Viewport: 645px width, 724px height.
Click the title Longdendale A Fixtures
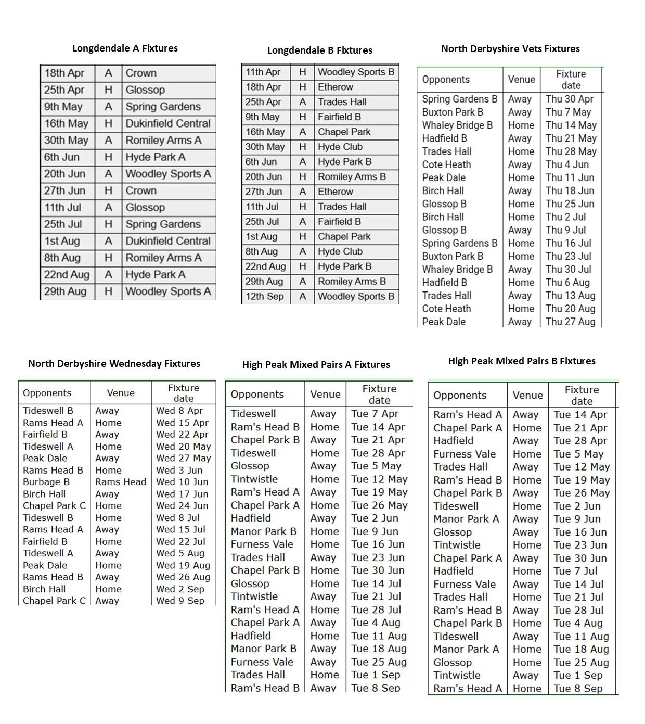coord(125,48)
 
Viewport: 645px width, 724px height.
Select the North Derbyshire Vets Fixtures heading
coord(510,49)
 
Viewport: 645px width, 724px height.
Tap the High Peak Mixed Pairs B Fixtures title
coord(522,361)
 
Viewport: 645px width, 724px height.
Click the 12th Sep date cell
coord(265,297)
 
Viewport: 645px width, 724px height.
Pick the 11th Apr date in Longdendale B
coord(263,72)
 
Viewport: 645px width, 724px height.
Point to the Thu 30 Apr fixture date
coord(569,99)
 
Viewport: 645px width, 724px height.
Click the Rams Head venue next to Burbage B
coord(121,482)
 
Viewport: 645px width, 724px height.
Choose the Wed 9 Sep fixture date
coord(180,601)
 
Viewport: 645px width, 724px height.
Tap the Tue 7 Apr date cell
coord(375,414)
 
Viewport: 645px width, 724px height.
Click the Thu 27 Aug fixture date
coord(570,322)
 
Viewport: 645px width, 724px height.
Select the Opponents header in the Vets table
coord(446,80)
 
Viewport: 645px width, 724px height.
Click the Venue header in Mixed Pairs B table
coord(527,396)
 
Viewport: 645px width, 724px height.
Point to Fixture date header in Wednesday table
coord(183,393)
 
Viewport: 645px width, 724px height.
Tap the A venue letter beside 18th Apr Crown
coord(108,73)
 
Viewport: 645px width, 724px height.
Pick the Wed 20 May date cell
coord(183,447)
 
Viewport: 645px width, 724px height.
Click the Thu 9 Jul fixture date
coord(565,230)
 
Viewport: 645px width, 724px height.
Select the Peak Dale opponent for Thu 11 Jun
coord(444,177)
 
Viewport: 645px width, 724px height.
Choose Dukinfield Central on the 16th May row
coord(168,124)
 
